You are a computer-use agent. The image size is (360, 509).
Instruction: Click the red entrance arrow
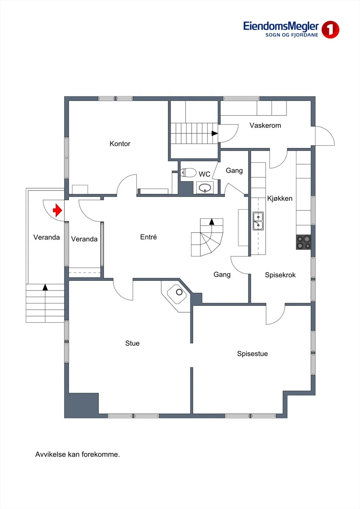[x=58, y=210]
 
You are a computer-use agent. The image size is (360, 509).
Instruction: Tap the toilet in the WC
[x=188, y=172]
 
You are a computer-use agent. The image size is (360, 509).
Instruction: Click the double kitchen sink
[x=258, y=221]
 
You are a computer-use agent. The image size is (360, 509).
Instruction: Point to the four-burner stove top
[x=303, y=242]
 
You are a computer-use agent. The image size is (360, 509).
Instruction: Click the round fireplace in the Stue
[x=179, y=292]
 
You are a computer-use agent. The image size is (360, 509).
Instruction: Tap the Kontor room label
[x=120, y=143]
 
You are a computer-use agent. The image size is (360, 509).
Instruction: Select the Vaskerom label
[x=265, y=125]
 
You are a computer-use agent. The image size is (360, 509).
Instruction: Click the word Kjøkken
[x=280, y=199]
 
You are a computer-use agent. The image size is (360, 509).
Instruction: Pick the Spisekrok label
[x=280, y=275]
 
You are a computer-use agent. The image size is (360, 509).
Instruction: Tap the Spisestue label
[x=252, y=353]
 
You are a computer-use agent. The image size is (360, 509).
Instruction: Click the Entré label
[x=149, y=237]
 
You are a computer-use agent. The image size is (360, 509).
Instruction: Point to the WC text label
[x=204, y=174]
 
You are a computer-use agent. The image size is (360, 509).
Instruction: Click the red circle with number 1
[x=330, y=30]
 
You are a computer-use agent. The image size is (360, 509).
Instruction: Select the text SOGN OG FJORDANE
[x=292, y=35]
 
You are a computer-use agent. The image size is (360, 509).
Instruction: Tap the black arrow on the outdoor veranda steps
[x=45, y=288]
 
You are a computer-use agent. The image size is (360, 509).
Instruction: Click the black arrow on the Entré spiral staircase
[x=212, y=222]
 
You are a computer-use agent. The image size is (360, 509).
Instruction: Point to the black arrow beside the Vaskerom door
[x=215, y=133]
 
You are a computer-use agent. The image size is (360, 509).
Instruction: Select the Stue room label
[x=132, y=343]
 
